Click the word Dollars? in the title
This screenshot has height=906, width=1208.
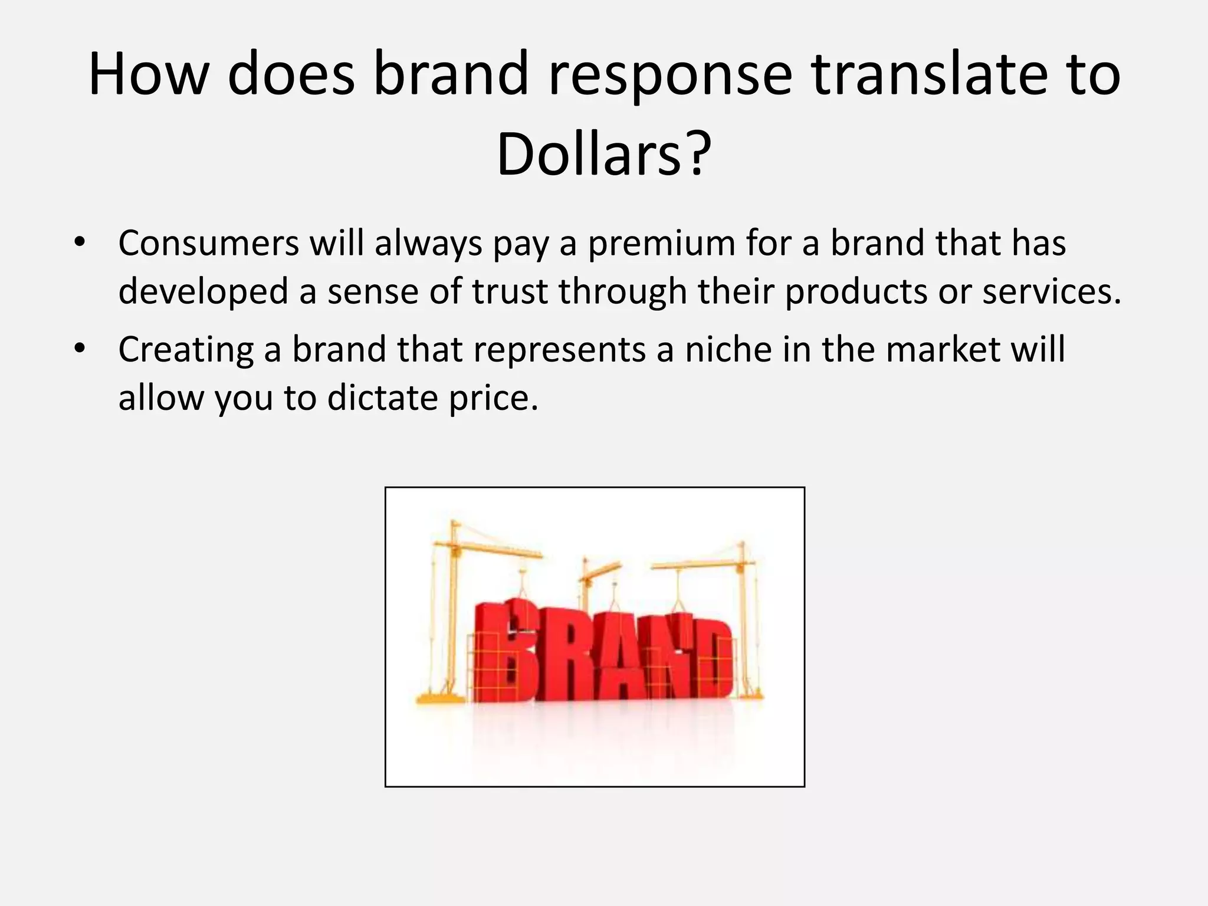click(603, 155)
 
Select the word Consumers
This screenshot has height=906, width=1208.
click(209, 243)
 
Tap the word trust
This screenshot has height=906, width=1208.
click(510, 292)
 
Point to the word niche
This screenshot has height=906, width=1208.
click(728, 349)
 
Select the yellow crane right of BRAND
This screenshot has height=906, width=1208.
click(743, 613)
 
